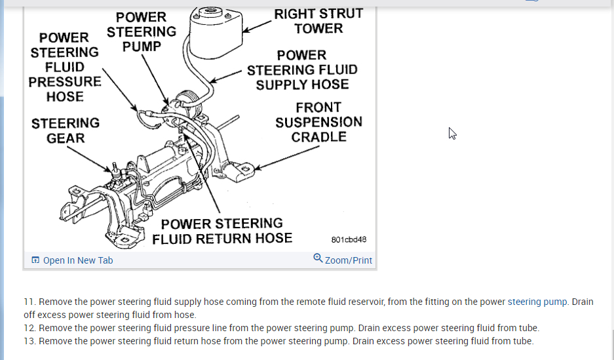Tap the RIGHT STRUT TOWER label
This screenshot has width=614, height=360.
point(318,21)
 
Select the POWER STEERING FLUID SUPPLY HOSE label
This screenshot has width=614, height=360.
point(302,70)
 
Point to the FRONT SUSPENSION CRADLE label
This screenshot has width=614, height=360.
point(318,122)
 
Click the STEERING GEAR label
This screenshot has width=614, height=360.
point(66,130)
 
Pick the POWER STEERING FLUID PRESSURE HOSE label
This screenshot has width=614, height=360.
point(65,67)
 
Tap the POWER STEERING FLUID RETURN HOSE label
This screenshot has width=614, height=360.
point(222,231)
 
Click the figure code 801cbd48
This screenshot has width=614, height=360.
point(349,240)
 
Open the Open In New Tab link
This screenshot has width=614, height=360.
point(78,260)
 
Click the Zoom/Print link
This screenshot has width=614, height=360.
point(349,260)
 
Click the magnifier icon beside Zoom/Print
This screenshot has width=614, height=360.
point(318,258)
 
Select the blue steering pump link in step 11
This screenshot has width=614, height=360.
point(533,302)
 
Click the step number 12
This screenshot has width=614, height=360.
point(29,328)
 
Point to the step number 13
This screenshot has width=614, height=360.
point(29,341)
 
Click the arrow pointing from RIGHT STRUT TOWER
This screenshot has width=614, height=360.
point(257,26)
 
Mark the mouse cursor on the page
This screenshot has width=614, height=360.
point(452,133)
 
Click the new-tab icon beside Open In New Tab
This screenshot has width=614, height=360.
point(35,260)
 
